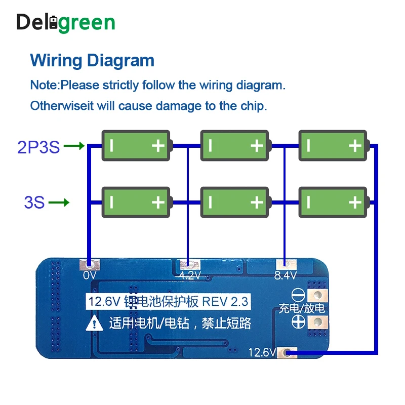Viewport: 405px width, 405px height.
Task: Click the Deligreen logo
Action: point(66,22)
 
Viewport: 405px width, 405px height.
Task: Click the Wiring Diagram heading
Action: point(92,60)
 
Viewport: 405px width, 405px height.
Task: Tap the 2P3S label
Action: point(38,147)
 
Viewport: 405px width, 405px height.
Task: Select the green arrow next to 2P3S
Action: point(74,146)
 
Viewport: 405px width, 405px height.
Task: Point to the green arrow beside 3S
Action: point(59,202)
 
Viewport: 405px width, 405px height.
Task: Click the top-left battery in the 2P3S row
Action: point(137,146)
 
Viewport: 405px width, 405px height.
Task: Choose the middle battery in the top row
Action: point(235,146)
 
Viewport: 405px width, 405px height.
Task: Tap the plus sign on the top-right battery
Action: point(355,146)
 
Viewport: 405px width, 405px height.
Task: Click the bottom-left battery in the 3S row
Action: point(137,202)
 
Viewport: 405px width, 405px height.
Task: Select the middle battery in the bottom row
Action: point(235,202)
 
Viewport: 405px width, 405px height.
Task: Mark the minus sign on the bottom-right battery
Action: point(308,202)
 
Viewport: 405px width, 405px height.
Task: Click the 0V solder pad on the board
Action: point(90,265)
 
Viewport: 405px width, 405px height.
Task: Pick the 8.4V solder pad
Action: point(286,265)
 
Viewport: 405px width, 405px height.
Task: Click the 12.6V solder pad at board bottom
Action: point(289,352)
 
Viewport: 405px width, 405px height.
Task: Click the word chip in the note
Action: point(251,106)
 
